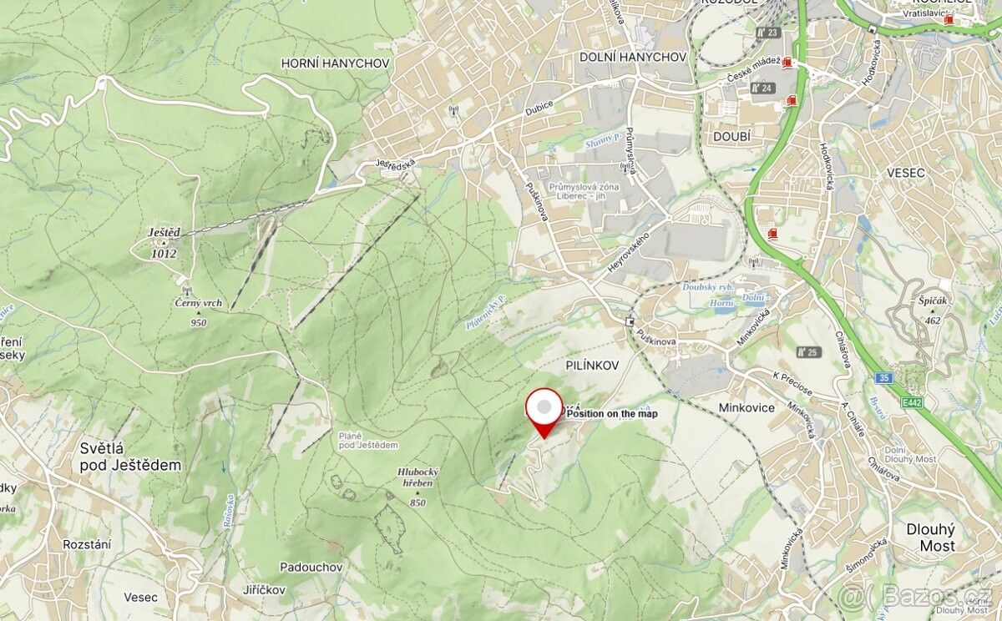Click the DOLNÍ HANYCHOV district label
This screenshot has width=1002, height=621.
coord(633,57)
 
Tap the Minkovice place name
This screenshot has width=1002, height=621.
coord(746,407)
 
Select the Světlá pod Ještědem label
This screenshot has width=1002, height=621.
coord(130,457)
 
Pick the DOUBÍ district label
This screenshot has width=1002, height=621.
coord(732,136)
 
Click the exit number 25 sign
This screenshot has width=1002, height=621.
coord(808,352)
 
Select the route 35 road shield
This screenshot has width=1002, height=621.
coord(884,377)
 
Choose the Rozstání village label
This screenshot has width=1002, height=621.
coord(87,543)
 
